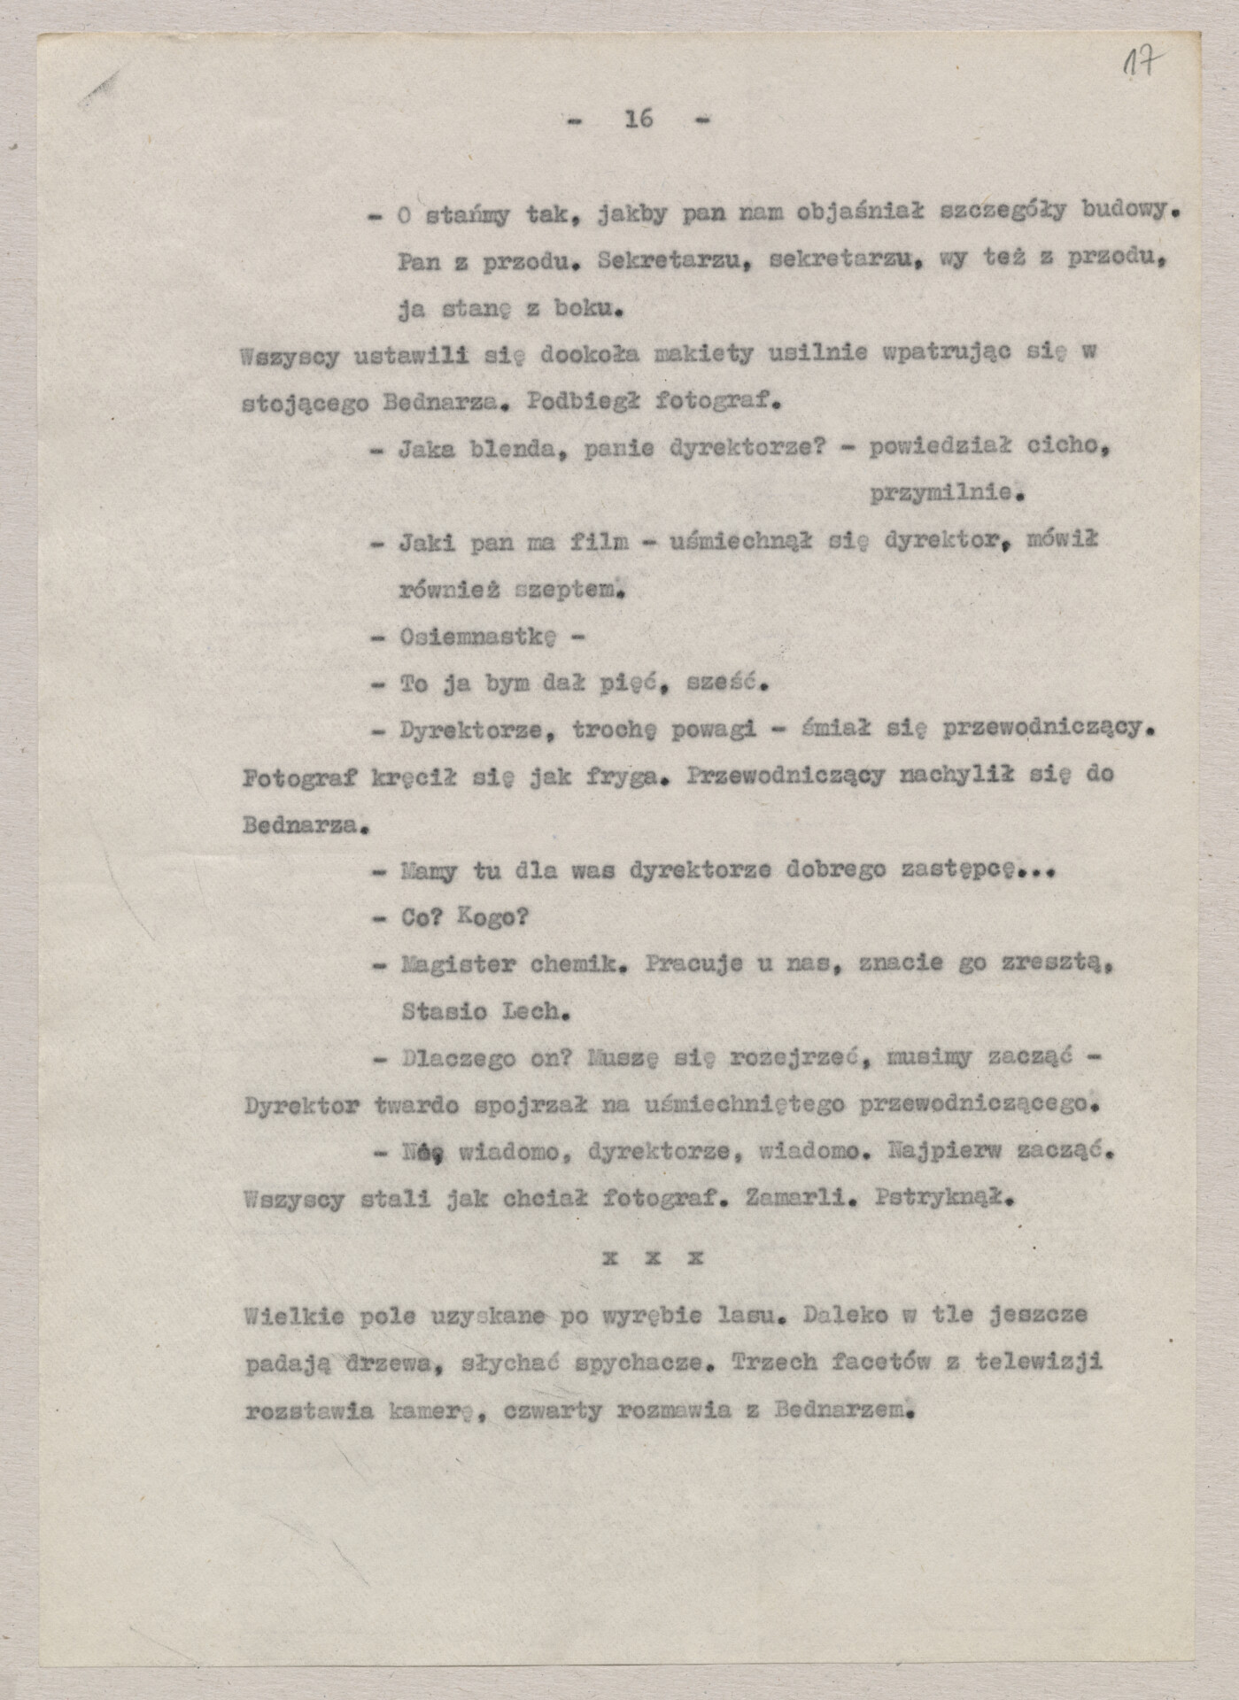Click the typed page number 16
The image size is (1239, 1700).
pyautogui.click(x=639, y=118)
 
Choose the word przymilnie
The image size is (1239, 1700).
pyautogui.click(x=942, y=494)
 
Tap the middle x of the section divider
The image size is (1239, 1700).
pyautogui.click(x=652, y=1257)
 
